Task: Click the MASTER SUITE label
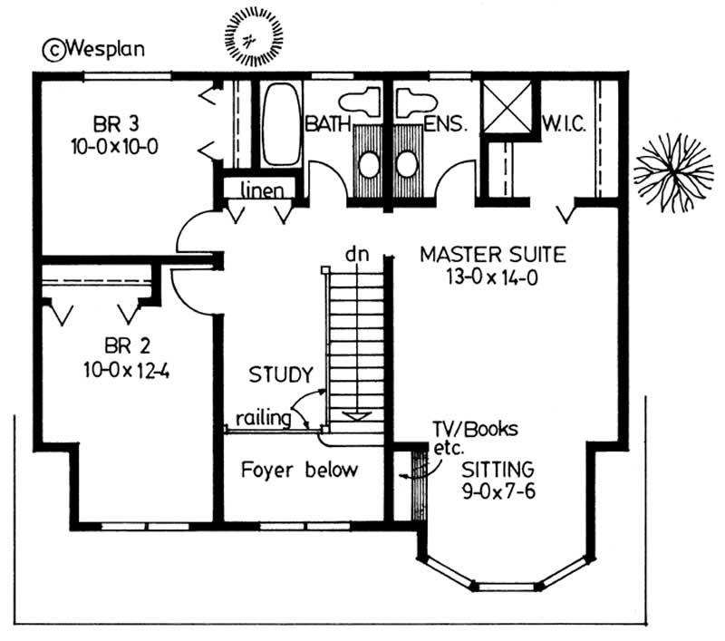pyautogui.click(x=492, y=255)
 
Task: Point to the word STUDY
pyautogui.click(x=282, y=374)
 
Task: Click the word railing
pyautogui.click(x=263, y=418)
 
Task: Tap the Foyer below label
pyautogui.click(x=299, y=471)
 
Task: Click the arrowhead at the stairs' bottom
pyautogui.click(x=358, y=416)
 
